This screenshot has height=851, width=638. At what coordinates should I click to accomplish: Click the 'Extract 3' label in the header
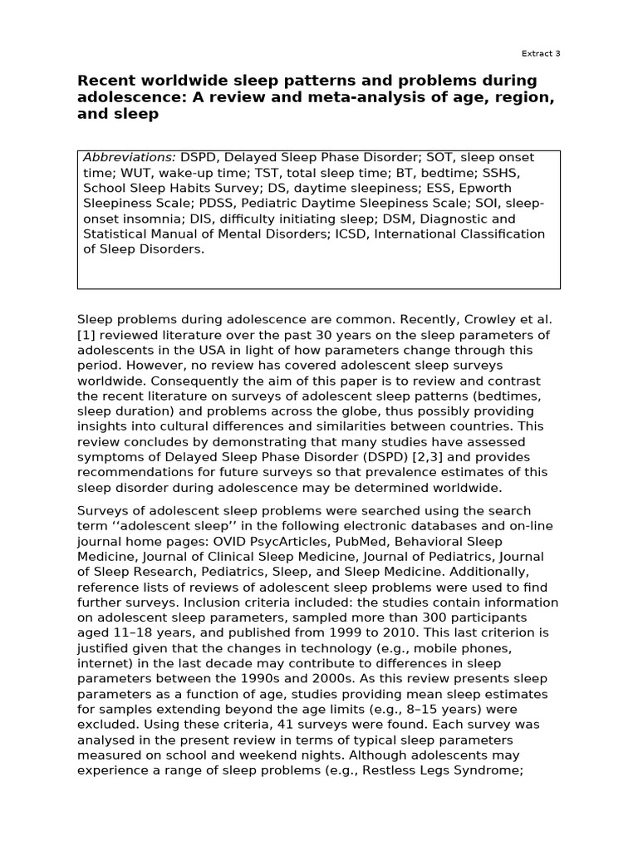540,53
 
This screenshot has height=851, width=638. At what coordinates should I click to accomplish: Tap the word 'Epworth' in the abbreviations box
511,189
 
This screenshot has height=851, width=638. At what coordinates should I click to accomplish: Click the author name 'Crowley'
488,319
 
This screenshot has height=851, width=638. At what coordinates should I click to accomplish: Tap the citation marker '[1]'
86,335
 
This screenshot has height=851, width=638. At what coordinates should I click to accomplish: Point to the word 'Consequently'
119,381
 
